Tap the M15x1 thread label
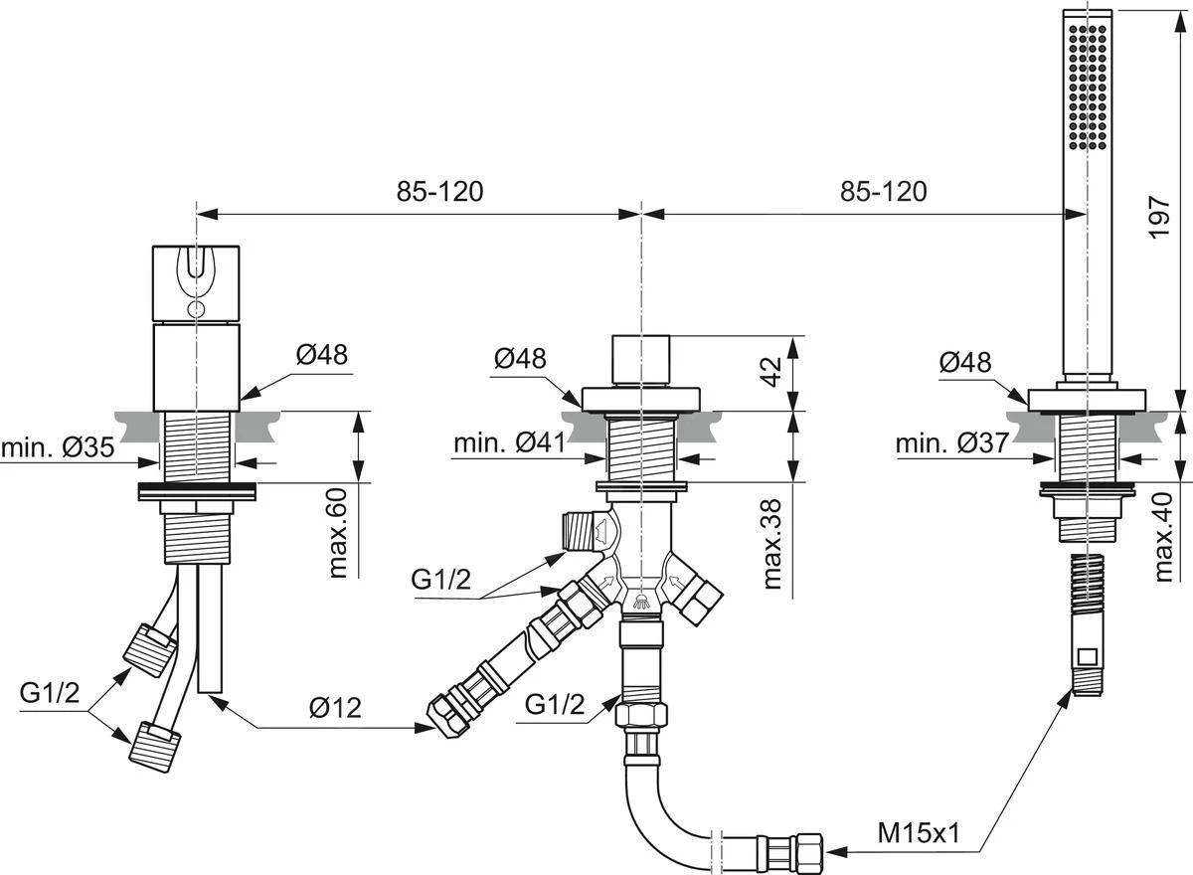click(x=918, y=833)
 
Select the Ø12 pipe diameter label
click(x=334, y=707)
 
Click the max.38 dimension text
click(x=771, y=545)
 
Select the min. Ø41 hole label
click(x=510, y=443)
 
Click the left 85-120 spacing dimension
click(x=439, y=190)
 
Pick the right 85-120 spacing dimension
click(x=883, y=190)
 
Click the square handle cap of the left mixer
click(x=196, y=283)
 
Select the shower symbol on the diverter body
click(x=642, y=600)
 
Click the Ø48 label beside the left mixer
click(x=322, y=355)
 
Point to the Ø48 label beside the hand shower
click(x=964, y=363)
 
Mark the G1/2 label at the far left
click(x=50, y=693)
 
